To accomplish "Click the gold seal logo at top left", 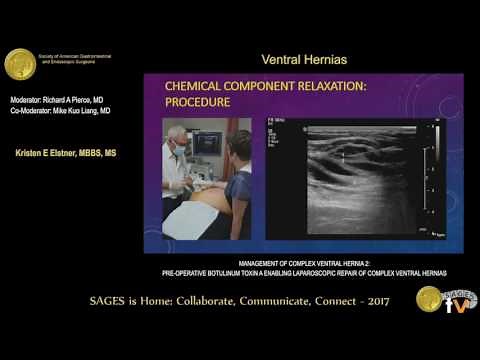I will (20, 64).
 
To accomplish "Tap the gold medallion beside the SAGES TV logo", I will (429, 299).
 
